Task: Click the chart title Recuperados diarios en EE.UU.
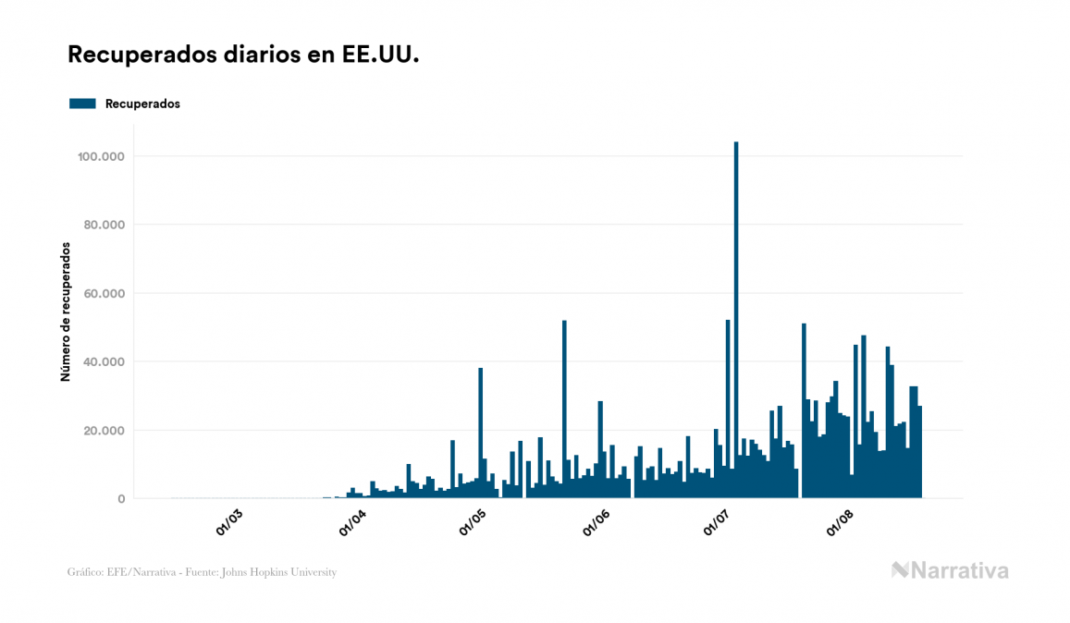243,55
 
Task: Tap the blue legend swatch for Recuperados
82,104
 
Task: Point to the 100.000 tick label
102,156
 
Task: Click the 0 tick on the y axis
121,498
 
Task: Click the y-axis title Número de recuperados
66,311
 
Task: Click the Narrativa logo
950,570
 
